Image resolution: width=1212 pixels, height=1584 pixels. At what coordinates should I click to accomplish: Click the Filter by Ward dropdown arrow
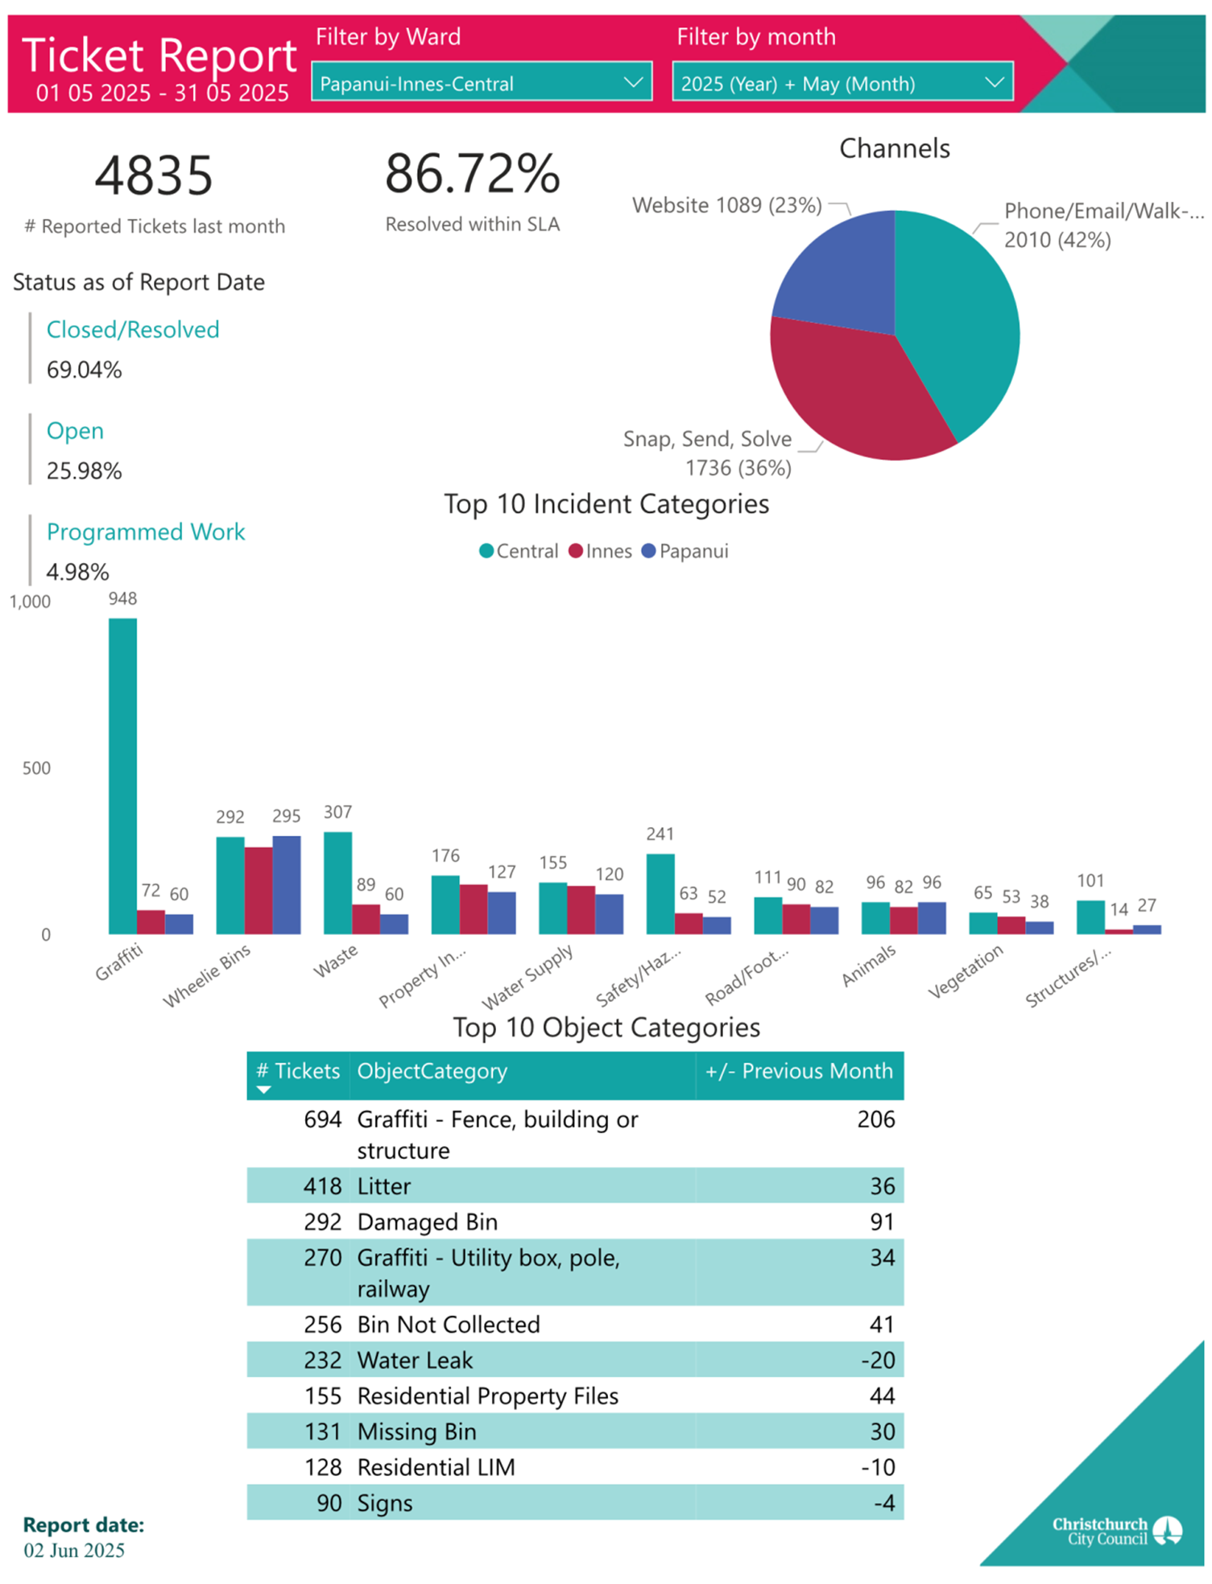[633, 82]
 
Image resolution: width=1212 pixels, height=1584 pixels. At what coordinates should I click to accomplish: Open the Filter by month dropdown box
[842, 82]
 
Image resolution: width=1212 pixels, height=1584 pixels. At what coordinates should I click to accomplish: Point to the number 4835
[154, 176]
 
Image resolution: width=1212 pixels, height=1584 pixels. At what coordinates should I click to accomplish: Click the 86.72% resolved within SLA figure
[472, 174]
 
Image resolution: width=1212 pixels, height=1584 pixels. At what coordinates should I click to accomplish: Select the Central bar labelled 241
[660, 893]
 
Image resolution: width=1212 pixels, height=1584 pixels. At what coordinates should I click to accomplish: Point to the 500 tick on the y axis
[36, 768]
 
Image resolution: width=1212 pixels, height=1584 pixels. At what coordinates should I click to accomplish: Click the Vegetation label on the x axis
[966, 970]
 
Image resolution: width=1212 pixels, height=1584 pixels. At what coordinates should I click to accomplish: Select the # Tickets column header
[298, 1072]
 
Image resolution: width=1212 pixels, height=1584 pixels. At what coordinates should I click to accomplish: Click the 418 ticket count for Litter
[322, 1186]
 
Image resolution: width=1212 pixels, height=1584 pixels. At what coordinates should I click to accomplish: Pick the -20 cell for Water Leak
[878, 1360]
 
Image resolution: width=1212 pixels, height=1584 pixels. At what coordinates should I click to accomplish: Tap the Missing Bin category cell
[417, 1432]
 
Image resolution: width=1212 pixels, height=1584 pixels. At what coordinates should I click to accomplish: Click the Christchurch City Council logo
[1117, 1531]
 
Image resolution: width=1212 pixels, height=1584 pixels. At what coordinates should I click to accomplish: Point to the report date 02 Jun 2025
[74, 1550]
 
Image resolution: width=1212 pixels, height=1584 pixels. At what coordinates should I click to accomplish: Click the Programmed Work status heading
[146, 532]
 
